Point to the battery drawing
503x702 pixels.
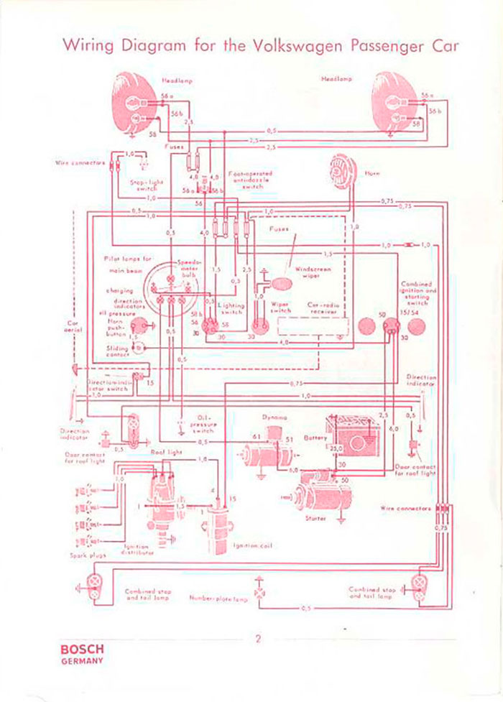coord(349,434)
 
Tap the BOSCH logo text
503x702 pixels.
coord(80,648)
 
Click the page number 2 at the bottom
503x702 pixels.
coord(257,639)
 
